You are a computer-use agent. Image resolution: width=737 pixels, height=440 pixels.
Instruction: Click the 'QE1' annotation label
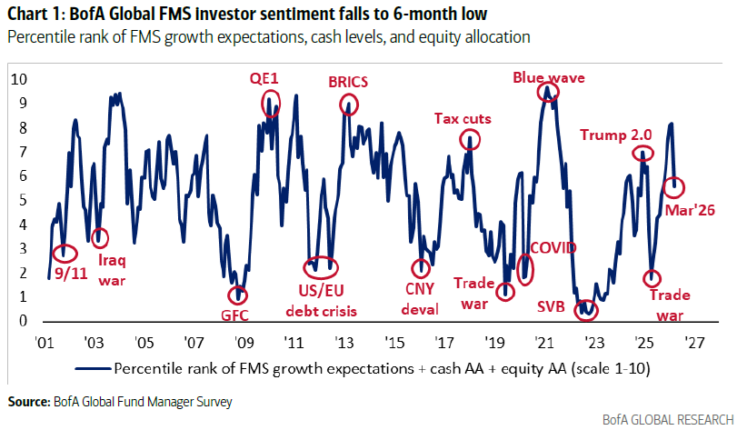click(x=264, y=77)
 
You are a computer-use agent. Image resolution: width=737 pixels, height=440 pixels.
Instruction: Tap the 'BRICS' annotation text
click(x=347, y=82)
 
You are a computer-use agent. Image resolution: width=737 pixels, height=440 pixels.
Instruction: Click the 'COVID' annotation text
click(x=553, y=246)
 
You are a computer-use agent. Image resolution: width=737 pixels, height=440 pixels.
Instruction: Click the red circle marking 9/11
click(x=64, y=255)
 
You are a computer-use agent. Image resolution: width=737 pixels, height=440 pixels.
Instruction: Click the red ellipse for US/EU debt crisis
click(x=319, y=267)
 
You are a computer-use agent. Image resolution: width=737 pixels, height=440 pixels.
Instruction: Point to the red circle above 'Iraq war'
click(x=99, y=237)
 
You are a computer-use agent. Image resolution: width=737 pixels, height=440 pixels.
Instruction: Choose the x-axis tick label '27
click(x=695, y=345)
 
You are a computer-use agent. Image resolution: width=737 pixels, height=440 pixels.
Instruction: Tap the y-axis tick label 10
click(x=16, y=79)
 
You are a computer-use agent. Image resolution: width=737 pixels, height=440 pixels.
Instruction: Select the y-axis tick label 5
click(x=19, y=200)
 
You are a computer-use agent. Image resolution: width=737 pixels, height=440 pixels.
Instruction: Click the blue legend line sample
click(x=92, y=369)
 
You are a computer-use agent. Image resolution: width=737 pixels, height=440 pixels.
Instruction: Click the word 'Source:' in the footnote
click(x=28, y=401)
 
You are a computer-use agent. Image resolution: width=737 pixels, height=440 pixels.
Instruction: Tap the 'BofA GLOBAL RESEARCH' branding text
click(x=667, y=420)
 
